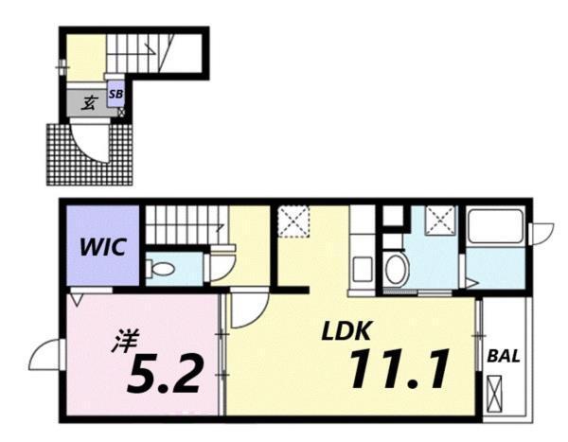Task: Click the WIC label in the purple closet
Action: click(103, 248)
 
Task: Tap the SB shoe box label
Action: click(115, 95)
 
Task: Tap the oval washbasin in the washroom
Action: click(396, 267)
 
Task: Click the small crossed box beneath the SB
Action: click(120, 112)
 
